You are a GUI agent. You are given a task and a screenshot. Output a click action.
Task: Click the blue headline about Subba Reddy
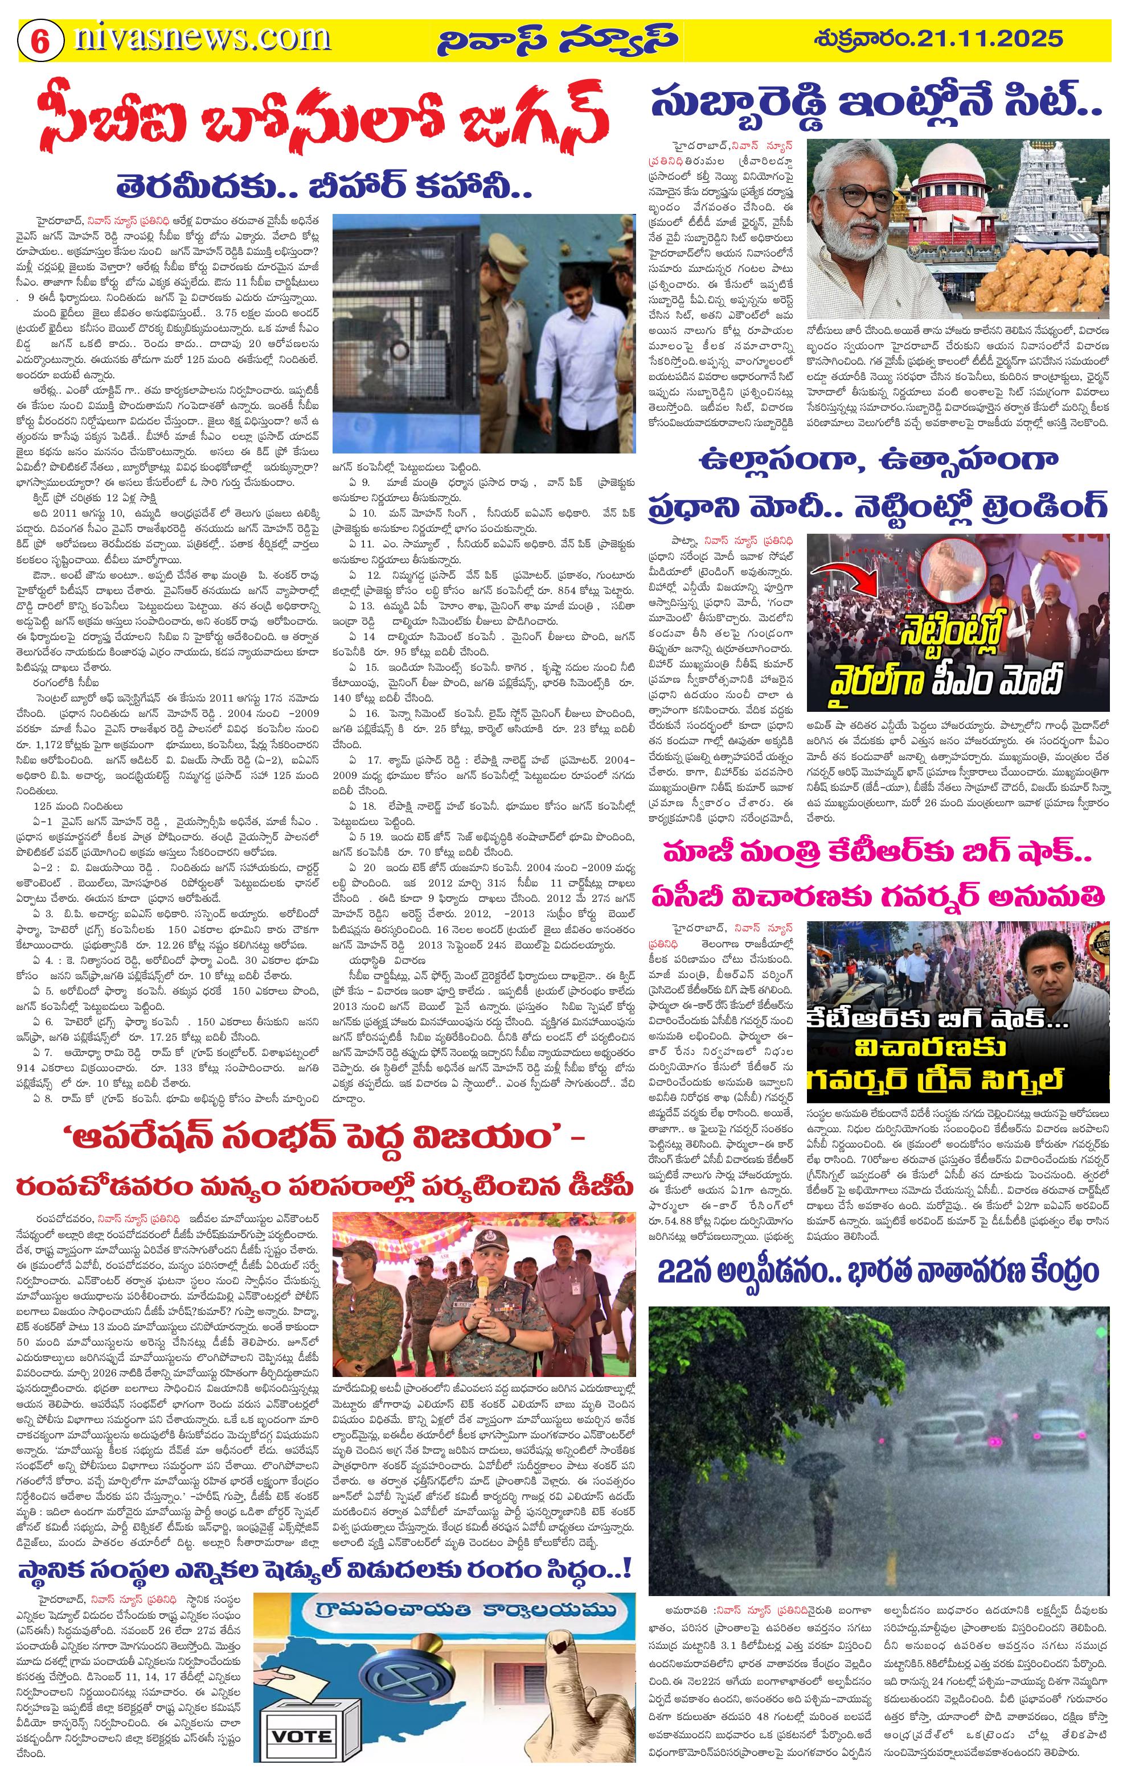(x=876, y=104)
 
